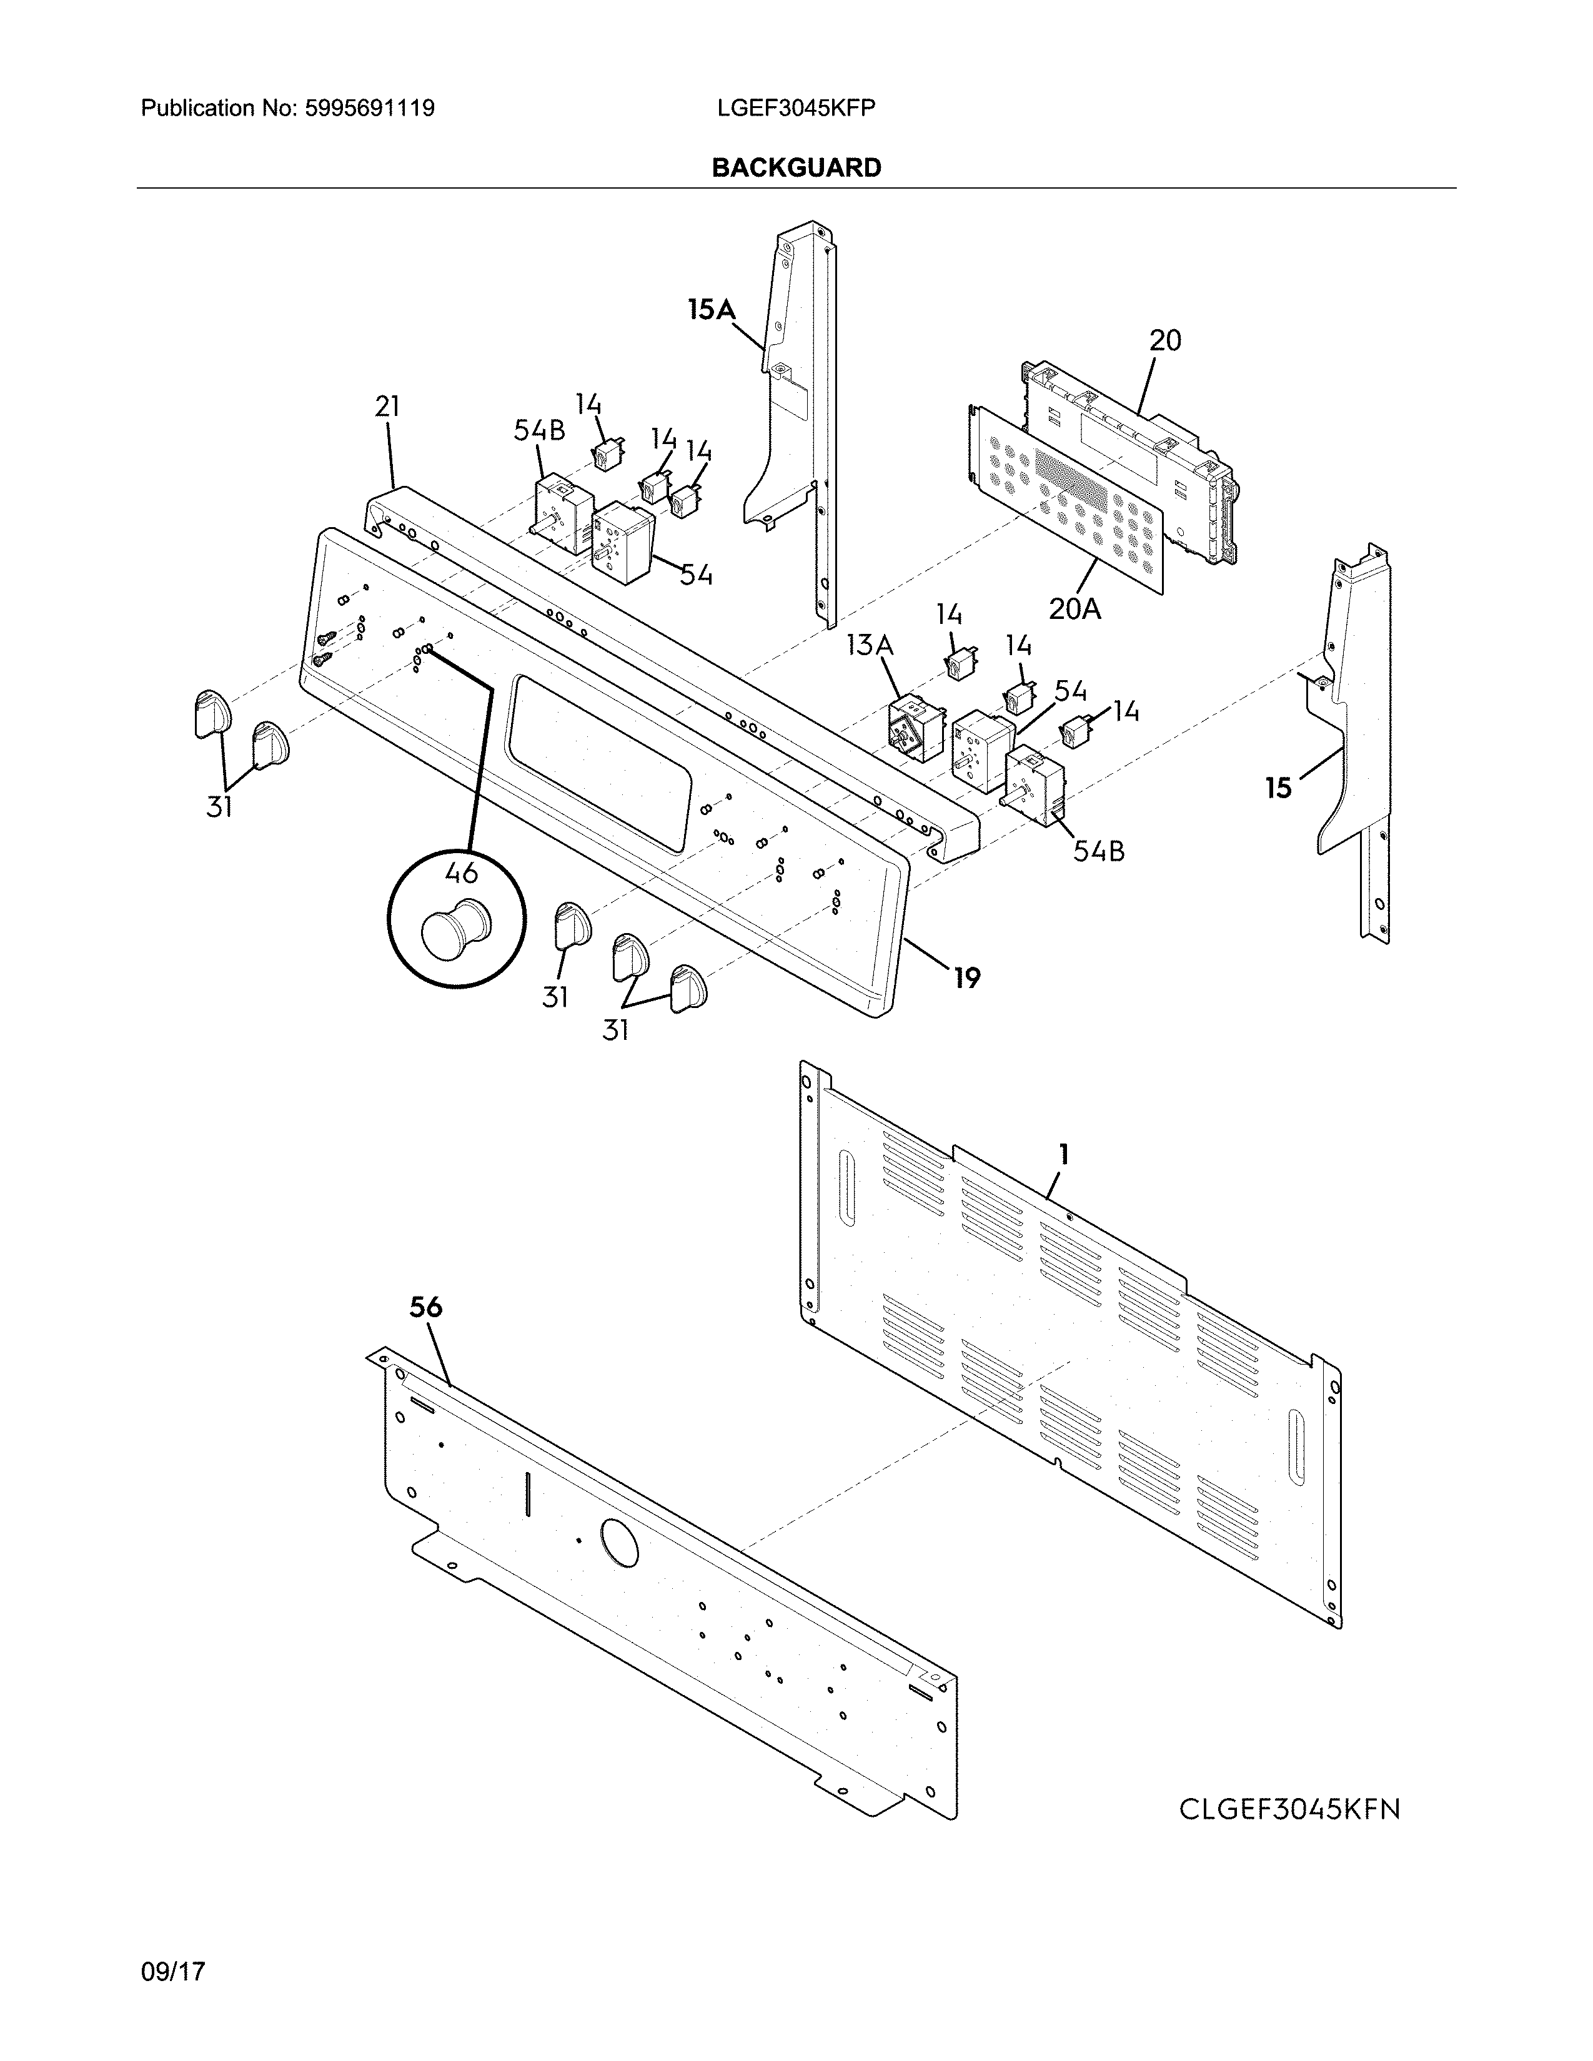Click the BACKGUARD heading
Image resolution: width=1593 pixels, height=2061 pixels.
point(797,168)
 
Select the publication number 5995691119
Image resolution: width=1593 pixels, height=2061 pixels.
point(369,109)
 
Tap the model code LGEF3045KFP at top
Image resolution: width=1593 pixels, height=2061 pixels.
point(795,109)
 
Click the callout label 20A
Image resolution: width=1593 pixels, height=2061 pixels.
point(1074,610)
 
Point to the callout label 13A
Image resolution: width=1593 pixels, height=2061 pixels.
point(869,646)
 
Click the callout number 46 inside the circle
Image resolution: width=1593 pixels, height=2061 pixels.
point(460,873)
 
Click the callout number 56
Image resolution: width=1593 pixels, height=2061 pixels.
point(425,1307)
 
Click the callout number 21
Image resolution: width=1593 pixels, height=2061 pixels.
point(387,407)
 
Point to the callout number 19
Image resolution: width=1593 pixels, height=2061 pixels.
point(966,977)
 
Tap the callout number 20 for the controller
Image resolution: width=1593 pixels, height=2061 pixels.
point(1164,340)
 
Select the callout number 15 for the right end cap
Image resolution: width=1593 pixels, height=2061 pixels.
point(1278,787)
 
